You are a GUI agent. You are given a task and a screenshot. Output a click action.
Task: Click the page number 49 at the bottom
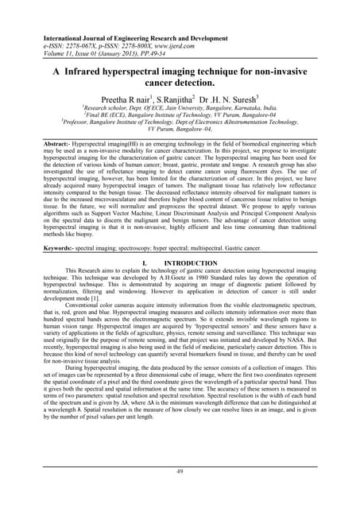(180, 472)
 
